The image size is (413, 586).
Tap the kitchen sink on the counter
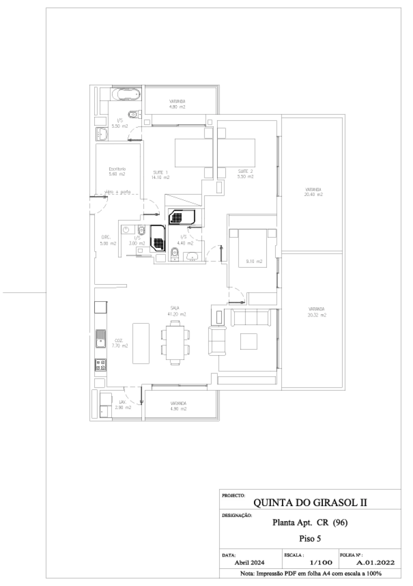[x=100, y=339]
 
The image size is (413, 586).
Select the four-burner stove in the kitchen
[x=100, y=365]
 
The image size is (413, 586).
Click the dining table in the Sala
[x=176, y=343]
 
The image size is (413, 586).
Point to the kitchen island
[x=141, y=344]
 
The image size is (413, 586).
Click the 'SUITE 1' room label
[x=160, y=175]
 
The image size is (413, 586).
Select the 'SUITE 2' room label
[x=246, y=174]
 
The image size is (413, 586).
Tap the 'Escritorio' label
[x=117, y=171]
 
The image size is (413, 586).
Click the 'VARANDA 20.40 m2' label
[x=313, y=192]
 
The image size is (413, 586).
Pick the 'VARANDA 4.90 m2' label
[x=178, y=406]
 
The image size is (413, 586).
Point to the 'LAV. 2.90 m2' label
[x=123, y=405]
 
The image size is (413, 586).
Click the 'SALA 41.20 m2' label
[x=176, y=311]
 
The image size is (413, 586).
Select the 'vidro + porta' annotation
[x=117, y=192]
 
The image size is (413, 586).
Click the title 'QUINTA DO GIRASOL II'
[x=310, y=502]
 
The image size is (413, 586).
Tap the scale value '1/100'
[x=321, y=562]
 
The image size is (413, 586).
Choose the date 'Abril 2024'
[x=249, y=562]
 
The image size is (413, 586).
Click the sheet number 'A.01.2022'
[x=375, y=562]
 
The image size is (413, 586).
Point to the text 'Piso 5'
[x=310, y=539]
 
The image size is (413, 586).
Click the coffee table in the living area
[x=249, y=341]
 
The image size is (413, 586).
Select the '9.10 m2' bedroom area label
[x=254, y=261]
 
